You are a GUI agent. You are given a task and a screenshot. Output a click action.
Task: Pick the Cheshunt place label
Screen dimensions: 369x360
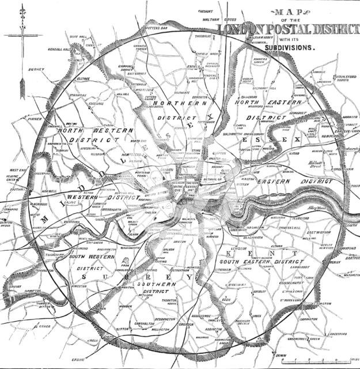point(206,10)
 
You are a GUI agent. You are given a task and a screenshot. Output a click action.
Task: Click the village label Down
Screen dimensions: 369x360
point(281,355)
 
